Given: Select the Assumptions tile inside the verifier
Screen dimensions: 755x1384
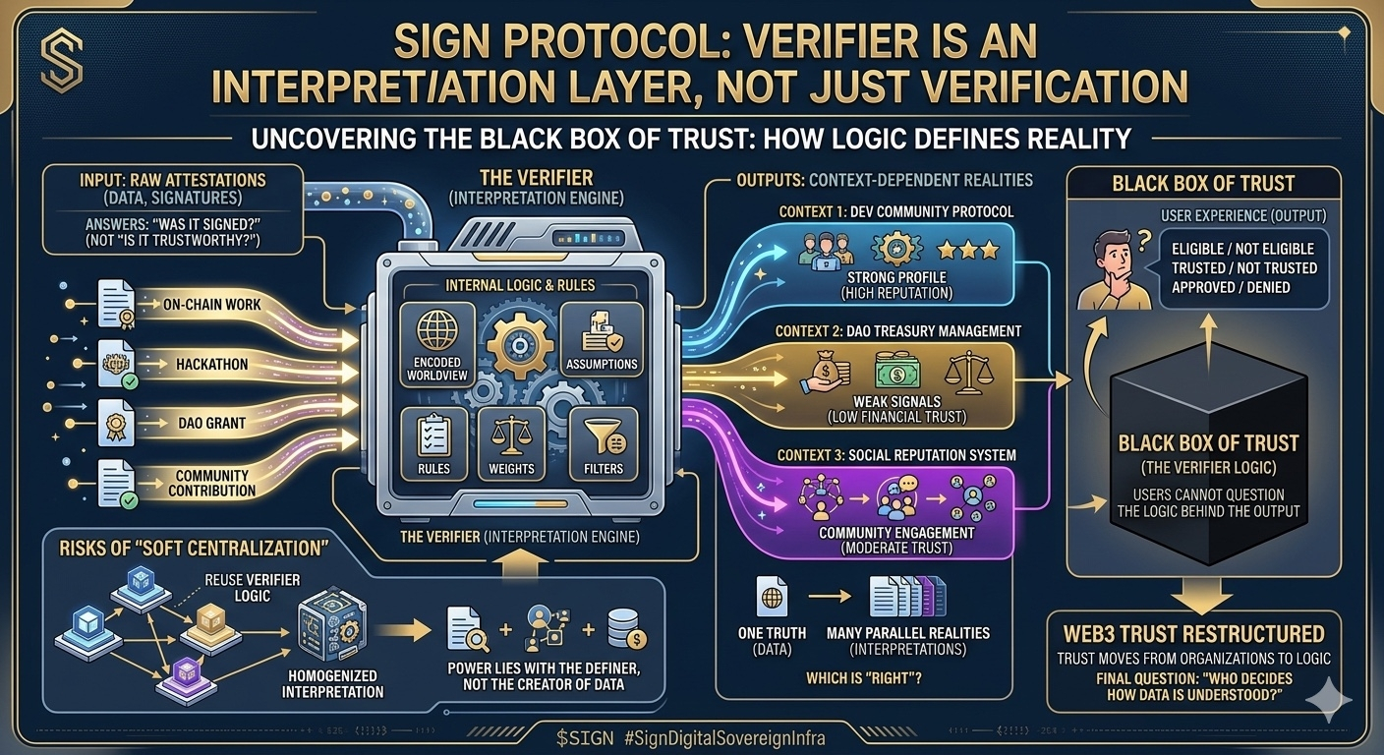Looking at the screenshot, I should pos(602,340).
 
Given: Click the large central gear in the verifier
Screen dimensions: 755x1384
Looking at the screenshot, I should pos(518,345).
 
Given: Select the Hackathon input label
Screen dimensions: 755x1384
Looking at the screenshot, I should pos(212,364).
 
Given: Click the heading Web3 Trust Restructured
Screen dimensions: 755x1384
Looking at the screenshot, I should pos(1193,634).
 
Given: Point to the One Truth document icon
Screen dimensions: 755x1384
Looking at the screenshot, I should pos(772,597).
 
